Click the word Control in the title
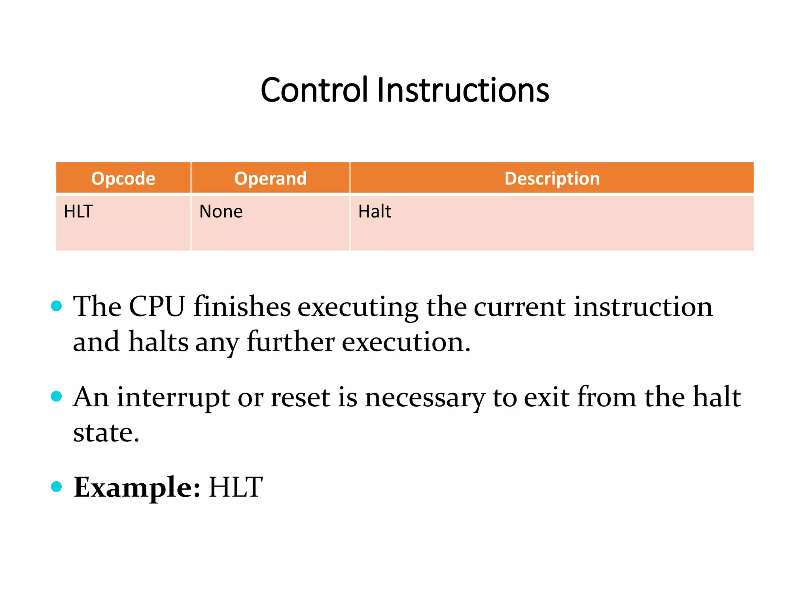coord(314,90)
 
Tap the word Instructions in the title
coord(463,90)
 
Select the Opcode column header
coord(123,178)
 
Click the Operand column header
coord(270,178)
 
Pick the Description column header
coord(552,178)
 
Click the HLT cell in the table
coord(78,211)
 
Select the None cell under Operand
coord(221,211)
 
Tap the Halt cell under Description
coord(374,211)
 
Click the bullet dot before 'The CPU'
coord(57,306)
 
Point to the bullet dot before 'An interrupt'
coord(57,396)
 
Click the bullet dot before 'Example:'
coord(57,486)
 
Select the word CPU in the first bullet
coord(157,306)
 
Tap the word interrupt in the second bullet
coord(173,397)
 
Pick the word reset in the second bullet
coord(300,397)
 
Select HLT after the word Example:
coord(236,487)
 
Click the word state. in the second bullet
coord(106,432)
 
